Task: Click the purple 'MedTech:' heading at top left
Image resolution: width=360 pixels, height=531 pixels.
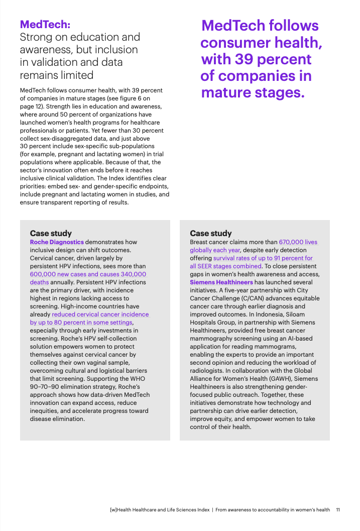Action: (45, 24)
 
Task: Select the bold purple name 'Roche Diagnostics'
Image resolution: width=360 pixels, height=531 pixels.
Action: (57, 242)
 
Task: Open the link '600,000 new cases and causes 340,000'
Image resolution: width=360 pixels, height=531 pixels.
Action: (88, 274)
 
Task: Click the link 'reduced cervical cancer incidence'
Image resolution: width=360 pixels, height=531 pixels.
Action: (100, 314)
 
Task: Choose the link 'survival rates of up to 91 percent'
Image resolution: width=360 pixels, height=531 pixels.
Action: (263, 258)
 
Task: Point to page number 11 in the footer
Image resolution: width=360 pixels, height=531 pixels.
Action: (338, 509)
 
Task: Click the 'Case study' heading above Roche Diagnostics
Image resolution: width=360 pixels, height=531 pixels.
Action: (51, 233)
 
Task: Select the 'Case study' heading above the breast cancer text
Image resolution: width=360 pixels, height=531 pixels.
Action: (211, 233)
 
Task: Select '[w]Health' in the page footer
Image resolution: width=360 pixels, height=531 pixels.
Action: (123, 509)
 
